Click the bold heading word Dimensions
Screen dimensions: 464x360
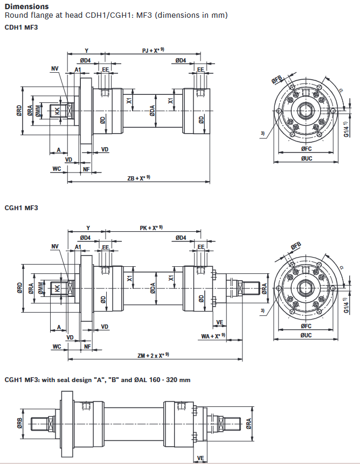[x=26, y=6]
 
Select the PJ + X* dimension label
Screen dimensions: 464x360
[x=152, y=50]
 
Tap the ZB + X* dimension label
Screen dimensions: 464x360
[x=138, y=178]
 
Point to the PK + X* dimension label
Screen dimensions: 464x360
[x=151, y=228]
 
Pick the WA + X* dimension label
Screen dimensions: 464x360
[x=213, y=336]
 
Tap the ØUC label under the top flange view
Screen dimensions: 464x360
[x=307, y=158]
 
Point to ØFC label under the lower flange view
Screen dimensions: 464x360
[x=307, y=327]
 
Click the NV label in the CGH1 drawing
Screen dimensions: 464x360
[x=54, y=246]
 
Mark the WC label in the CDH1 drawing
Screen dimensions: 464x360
[x=57, y=169]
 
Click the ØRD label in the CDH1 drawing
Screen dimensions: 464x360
[x=19, y=111]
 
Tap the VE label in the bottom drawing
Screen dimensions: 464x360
[x=201, y=458]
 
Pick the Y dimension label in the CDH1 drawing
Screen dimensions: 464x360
[x=86, y=51]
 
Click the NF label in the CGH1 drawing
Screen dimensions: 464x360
[x=86, y=347]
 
